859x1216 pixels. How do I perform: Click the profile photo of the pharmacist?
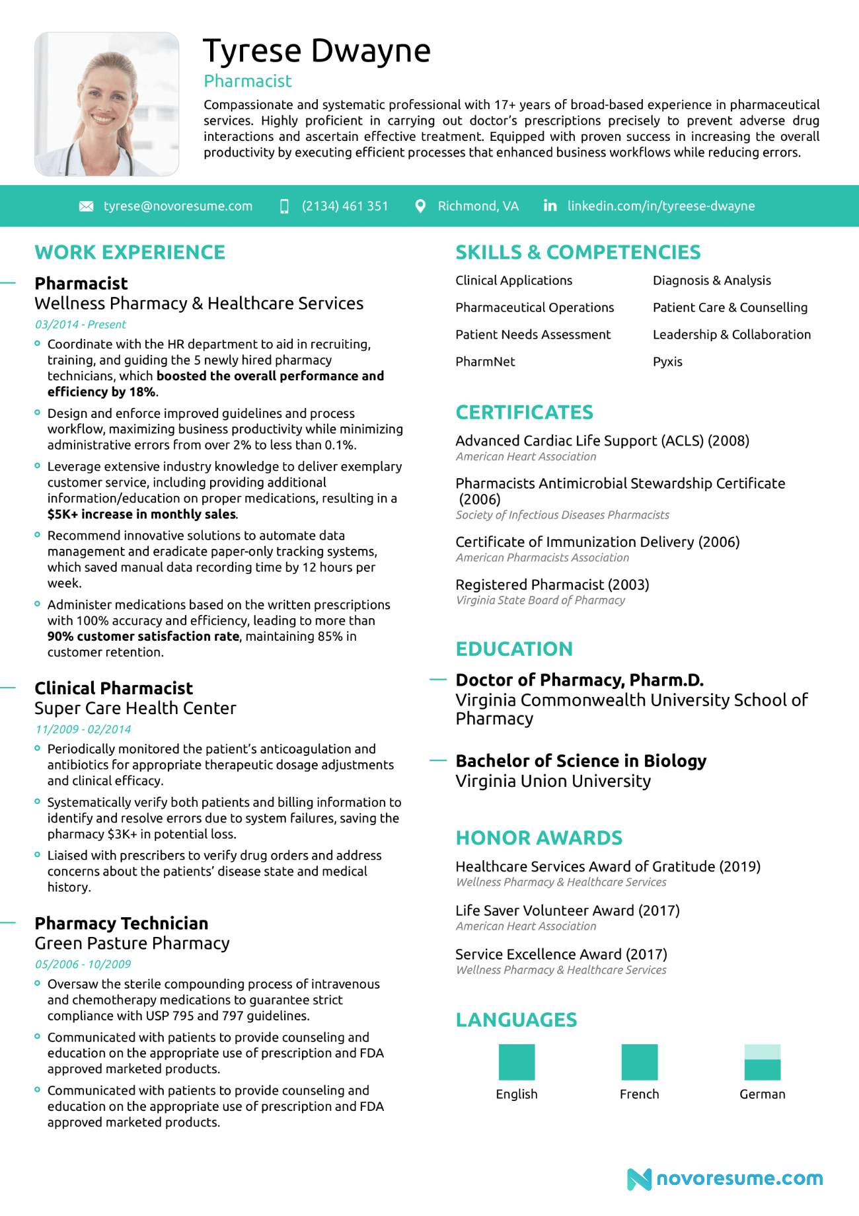[x=106, y=104]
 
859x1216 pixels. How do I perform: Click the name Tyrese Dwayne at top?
[x=317, y=51]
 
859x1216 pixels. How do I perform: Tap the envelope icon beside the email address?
[x=86, y=206]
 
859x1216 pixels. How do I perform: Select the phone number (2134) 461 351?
[x=344, y=206]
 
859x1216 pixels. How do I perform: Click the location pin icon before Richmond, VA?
[x=420, y=206]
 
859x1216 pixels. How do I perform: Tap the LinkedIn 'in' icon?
[x=550, y=206]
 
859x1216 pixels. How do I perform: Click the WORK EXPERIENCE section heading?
[x=130, y=252]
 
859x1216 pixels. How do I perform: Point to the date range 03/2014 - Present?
[x=80, y=325]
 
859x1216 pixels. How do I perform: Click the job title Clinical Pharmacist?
[x=114, y=688]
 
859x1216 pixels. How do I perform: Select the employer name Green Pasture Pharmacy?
[x=132, y=943]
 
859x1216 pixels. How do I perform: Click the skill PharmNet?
[x=485, y=362]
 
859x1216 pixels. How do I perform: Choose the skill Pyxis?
[x=667, y=362]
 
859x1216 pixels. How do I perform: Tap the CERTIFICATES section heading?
[x=524, y=413]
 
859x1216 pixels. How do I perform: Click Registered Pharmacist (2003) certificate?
[x=552, y=585]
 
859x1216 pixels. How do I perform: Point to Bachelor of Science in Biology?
[x=581, y=761]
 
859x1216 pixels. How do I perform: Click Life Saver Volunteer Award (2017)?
[x=567, y=911]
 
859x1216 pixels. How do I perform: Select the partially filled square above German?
[x=762, y=1062]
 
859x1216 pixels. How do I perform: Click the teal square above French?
[x=639, y=1062]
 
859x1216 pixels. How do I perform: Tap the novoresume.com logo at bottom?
[x=725, y=1178]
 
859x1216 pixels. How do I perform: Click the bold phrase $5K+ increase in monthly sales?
[x=141, y=514]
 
